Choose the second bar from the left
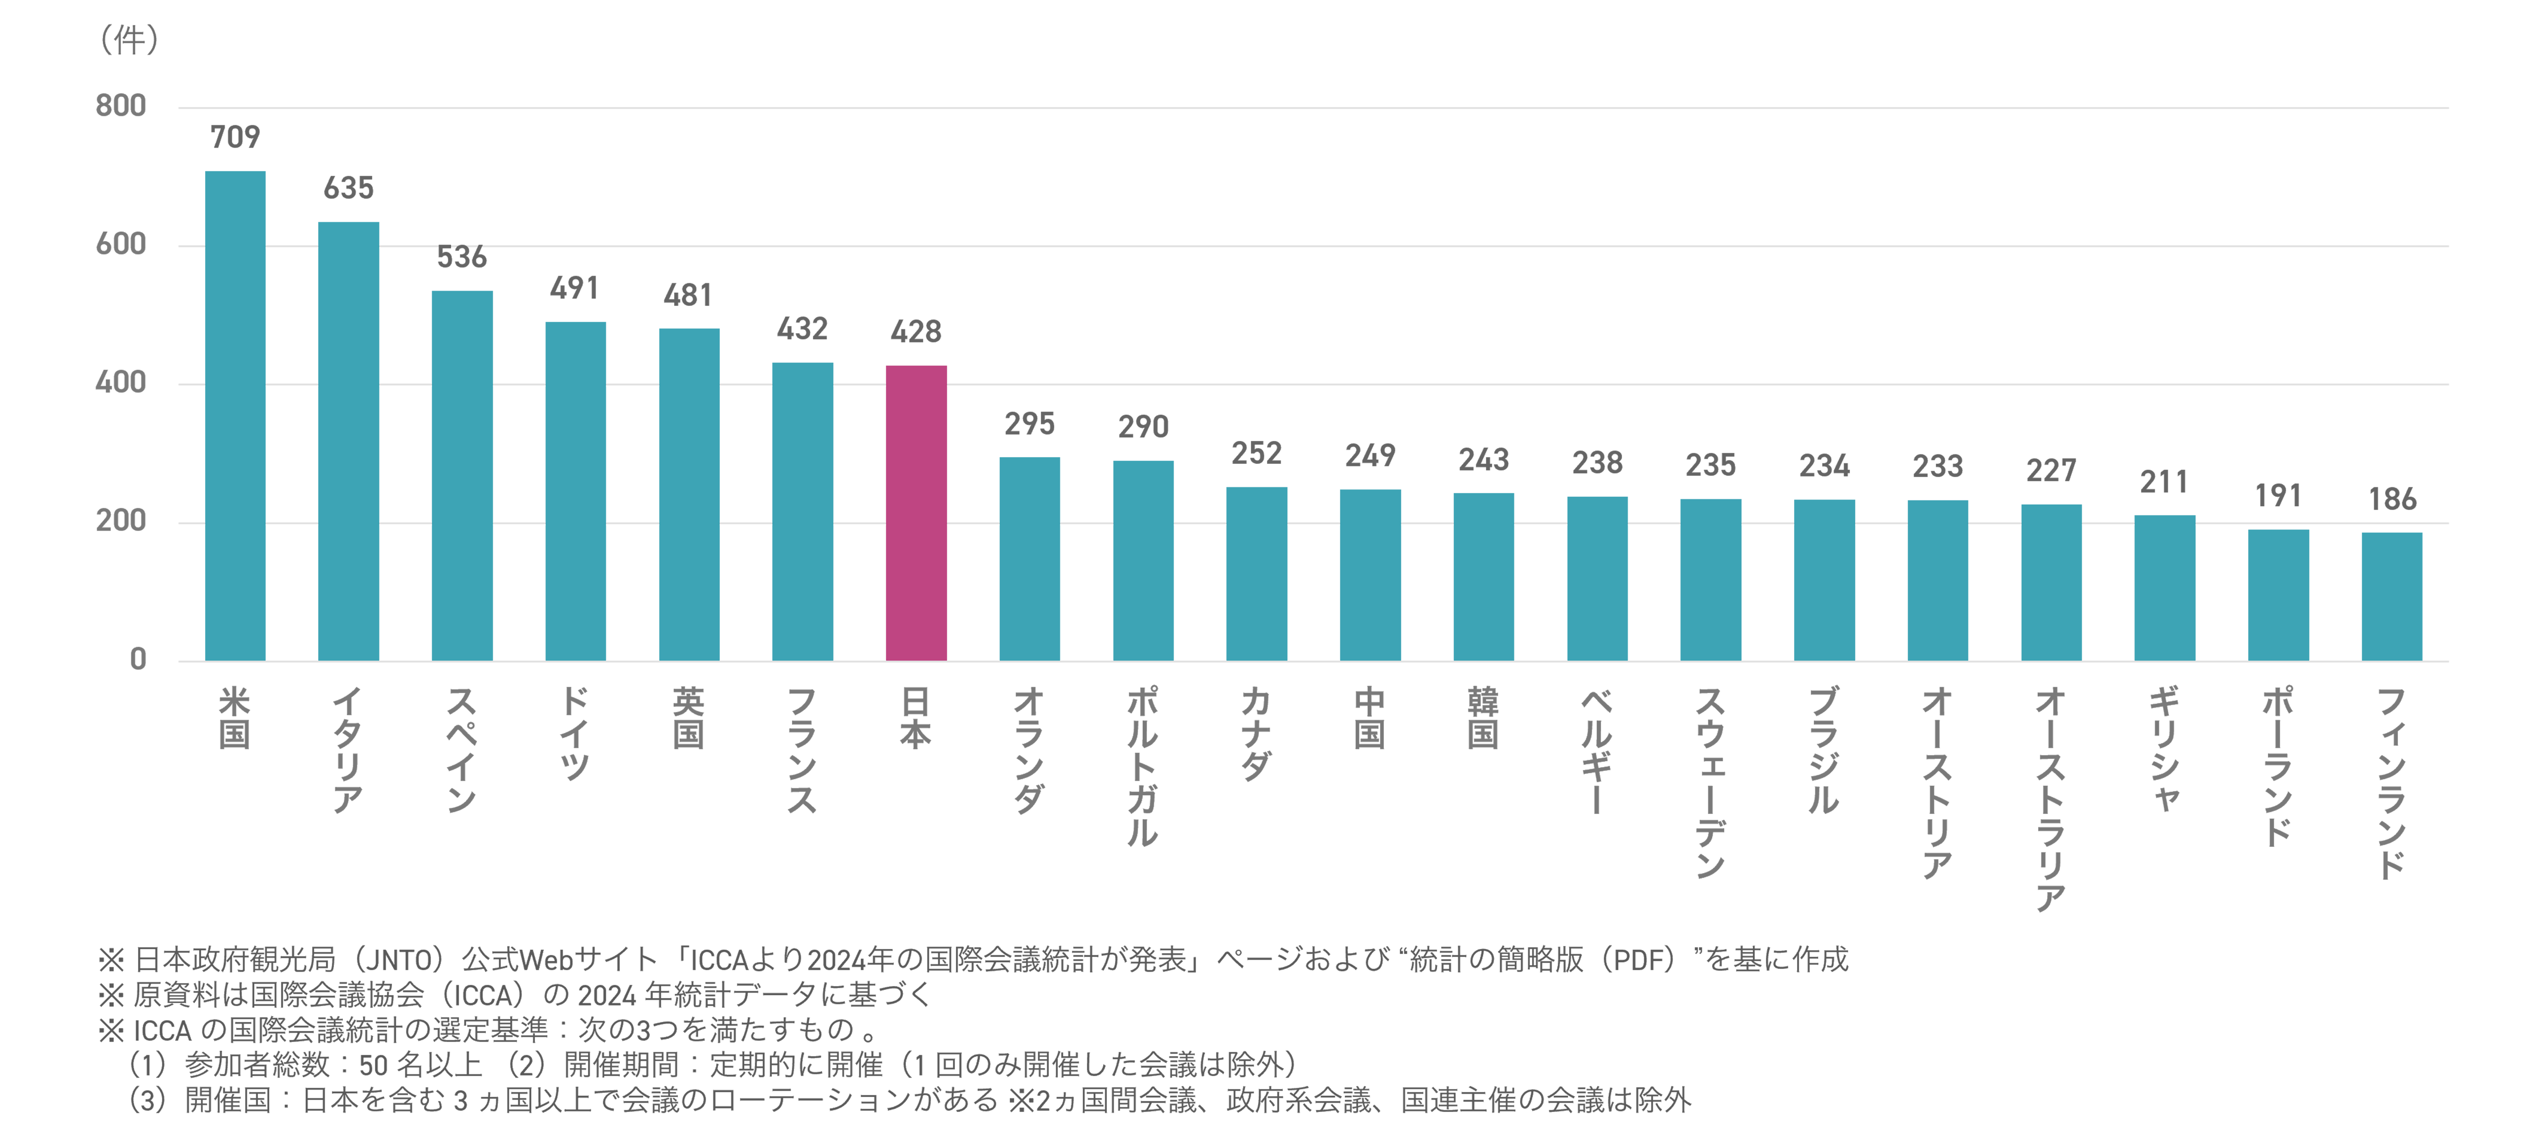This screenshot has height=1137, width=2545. click(349, 435)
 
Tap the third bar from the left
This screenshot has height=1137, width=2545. click(462, 464)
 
